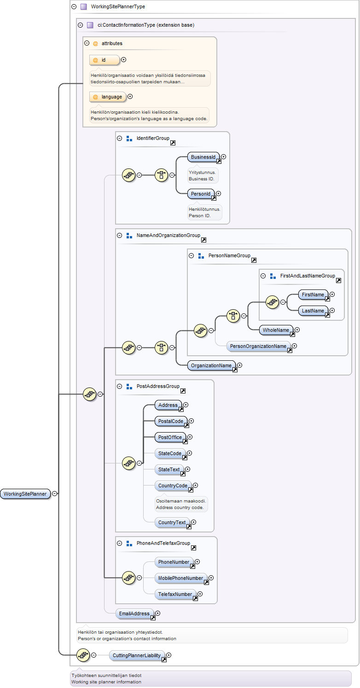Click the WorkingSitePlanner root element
coord(25,494)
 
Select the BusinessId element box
coord(203,157)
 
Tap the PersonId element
coord(201,194)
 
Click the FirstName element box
coord(313,295)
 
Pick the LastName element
coord(313,311)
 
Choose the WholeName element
coord(276,330)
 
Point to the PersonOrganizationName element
coord(258,346)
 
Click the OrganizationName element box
coord(211,365)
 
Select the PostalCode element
coord(171,421)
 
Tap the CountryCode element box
coord(173,486)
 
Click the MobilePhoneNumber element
coord(180,578)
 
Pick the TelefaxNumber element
coord(175,594)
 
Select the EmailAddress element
coord(134,613)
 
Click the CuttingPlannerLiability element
coord(137,655)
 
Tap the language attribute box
coord(108,97)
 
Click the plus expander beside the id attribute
coord(123,59)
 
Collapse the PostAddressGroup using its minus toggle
coord(120,387)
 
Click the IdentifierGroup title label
coord(153,138)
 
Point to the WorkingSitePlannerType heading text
coord(118,6)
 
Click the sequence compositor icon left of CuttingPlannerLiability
coord(83,655)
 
